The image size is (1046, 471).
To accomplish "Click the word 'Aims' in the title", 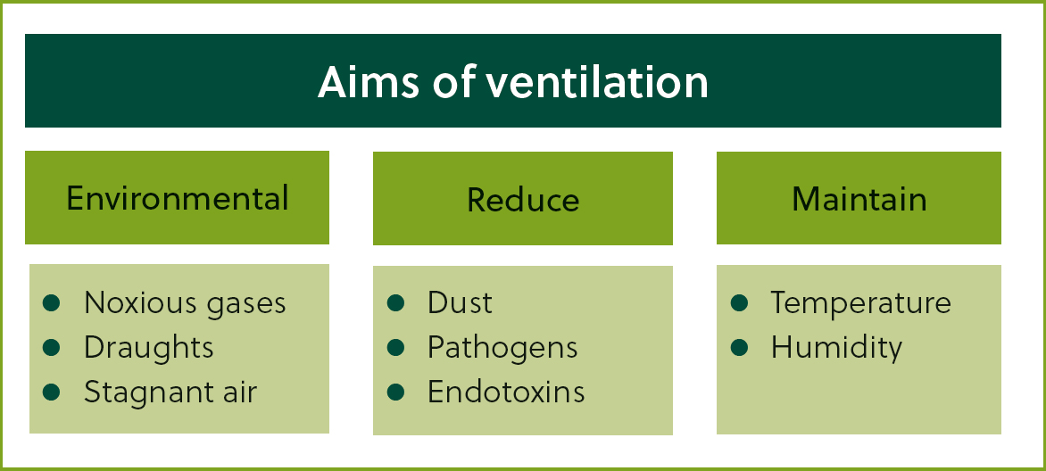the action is [x=369, y=82].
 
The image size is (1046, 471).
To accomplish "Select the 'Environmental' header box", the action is [x=177, y=197].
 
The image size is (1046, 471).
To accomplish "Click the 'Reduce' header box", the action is [x=522, y=198].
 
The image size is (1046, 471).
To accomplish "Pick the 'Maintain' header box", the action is [x=859, y=197].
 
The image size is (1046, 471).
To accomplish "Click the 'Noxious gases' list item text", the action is [x=185, y=303].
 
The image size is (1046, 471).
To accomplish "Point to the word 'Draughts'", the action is [x=149, y=347].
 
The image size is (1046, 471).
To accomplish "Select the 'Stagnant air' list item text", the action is [x=170, y=392].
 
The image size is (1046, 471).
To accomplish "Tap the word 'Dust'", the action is [x=460, y=303].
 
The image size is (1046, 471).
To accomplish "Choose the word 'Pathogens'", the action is [x=502, y=347].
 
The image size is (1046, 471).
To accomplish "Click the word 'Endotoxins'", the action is [x=506, y=392].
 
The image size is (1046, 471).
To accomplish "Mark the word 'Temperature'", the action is [x=860, y=303].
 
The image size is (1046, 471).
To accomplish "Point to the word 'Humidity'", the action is [x=836, y=347].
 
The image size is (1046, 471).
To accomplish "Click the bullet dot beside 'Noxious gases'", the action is [x=52, y=303].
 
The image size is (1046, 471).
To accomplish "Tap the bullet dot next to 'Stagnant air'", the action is [x=52, y=392].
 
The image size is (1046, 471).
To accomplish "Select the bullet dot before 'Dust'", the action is [x=395, y=303].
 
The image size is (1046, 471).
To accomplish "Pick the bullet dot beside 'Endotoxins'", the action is [x=395, y=392].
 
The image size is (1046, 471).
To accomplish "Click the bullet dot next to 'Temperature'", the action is [x=739, y=303].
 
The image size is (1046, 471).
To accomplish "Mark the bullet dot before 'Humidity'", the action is [x=739, y=347].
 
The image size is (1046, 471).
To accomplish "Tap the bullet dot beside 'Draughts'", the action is [x=52, y=347].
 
